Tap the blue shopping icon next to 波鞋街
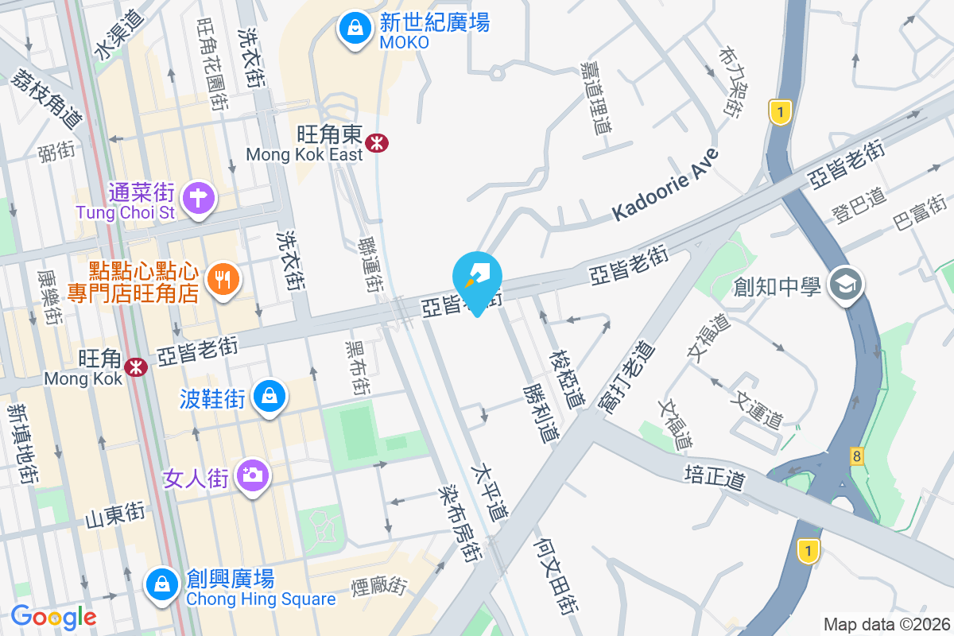click(x=270, y=395)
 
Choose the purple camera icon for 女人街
click(x=253, y=475)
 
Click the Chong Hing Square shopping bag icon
click(x=162, y=584)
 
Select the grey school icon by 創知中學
click(x=845, y=285)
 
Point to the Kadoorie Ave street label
click(x=665, y=185)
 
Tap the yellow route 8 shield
click(x=856, y=456)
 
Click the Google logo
click(x=53, y=616)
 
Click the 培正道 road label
click(x=715, y=478)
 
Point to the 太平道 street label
click(x=490, y=493)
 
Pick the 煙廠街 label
click(x=379, y=587)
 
